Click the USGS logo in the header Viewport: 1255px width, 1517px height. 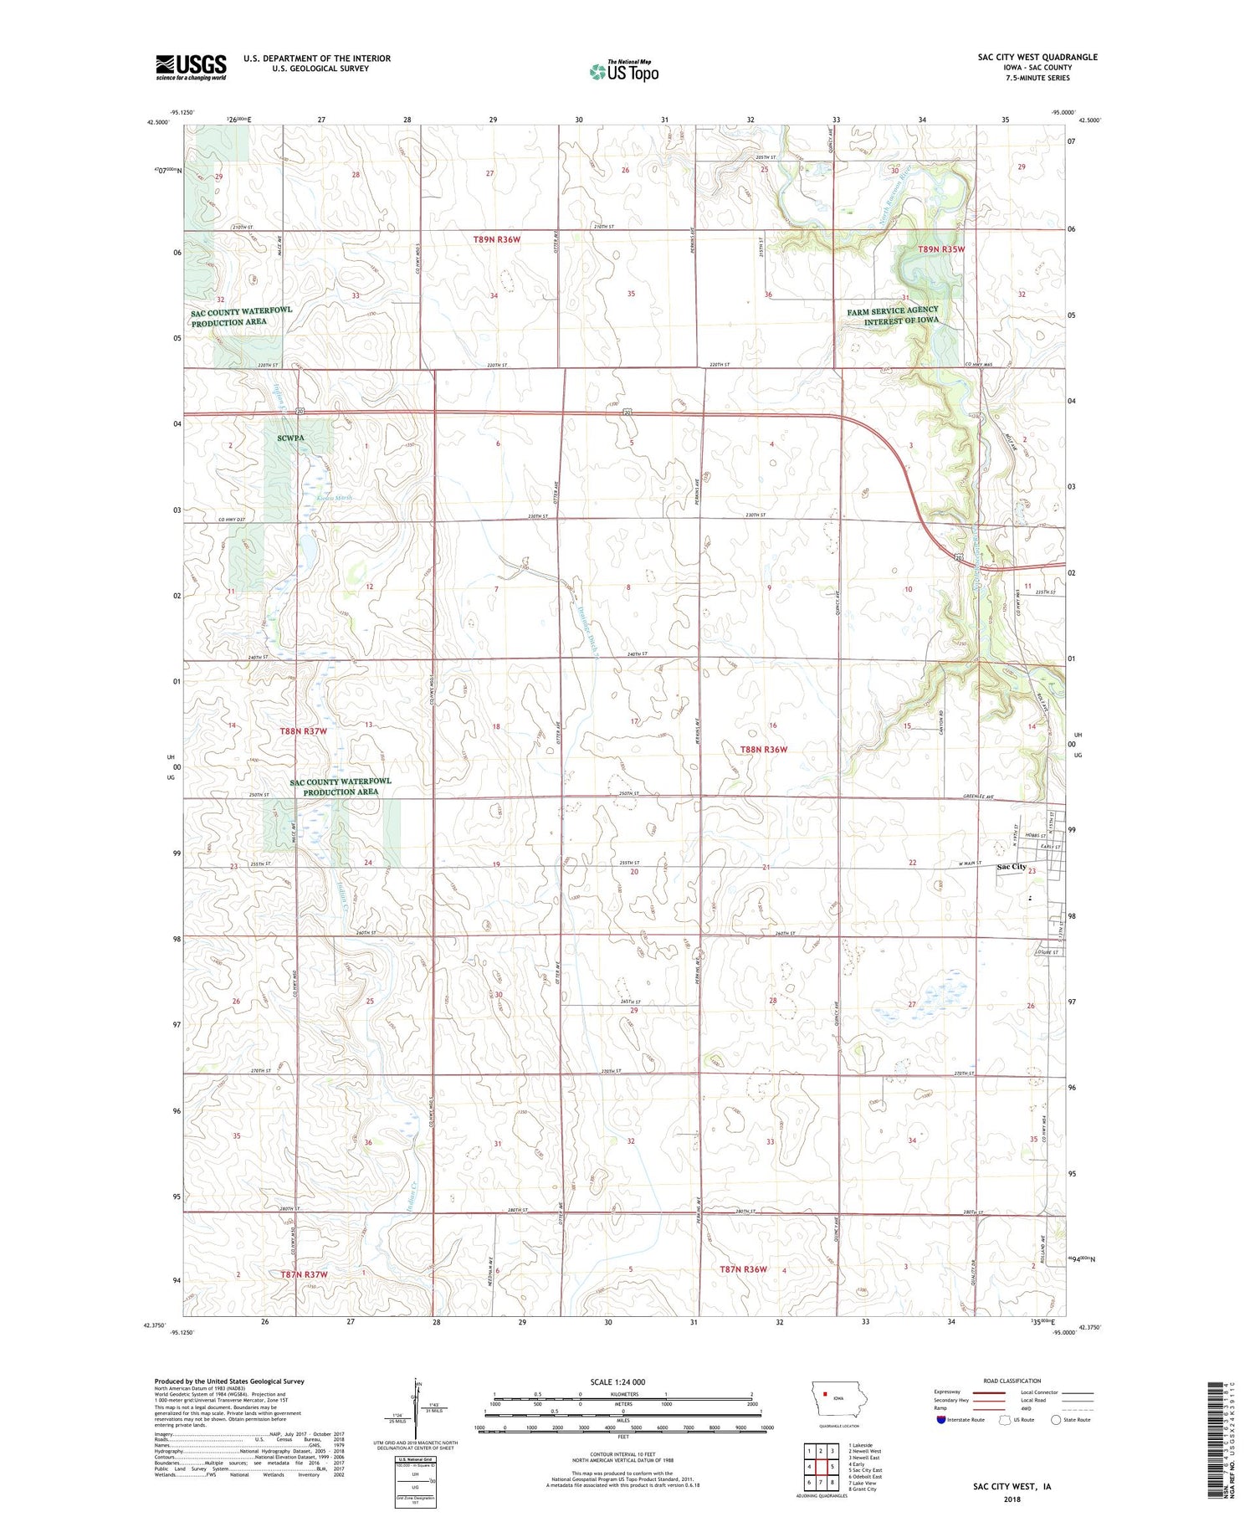click(191, 67)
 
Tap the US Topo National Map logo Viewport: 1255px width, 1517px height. click(623, 71)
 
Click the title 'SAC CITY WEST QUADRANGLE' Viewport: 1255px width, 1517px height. click(1037, 57)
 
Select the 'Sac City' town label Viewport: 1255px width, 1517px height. click(1011, 867)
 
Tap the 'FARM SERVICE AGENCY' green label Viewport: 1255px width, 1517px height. click(892, 310)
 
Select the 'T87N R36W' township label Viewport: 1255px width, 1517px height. click(743, 1269)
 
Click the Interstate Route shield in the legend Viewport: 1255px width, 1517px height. click(941, 1419)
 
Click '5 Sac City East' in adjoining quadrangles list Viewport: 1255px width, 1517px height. click(864, 1469)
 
